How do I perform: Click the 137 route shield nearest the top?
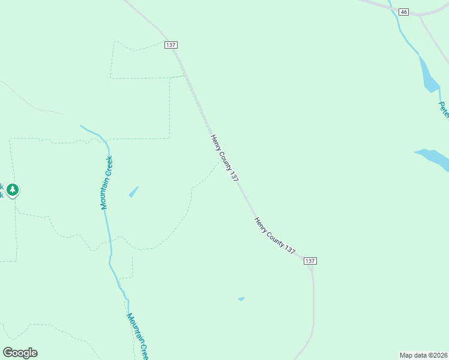point(171,45)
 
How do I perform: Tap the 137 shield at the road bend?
point(310,261)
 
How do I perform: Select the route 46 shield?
point(403,12)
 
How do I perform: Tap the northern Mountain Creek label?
point(106,182)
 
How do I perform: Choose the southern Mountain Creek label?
point(137,336)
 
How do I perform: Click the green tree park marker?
point(13,190)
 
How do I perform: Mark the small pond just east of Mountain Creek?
point(133,191)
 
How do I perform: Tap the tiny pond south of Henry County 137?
point(241,299)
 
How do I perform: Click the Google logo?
point(20,352)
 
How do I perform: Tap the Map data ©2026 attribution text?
point(423,355)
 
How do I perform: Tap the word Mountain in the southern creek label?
point(134,328)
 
